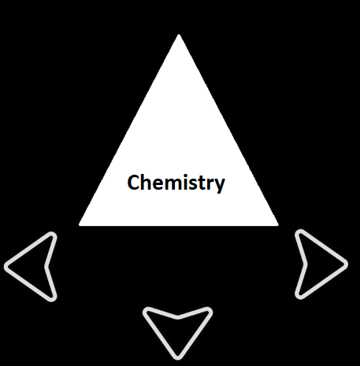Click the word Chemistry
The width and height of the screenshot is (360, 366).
176,183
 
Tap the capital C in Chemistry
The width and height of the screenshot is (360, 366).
133,182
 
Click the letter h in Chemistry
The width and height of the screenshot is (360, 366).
147,182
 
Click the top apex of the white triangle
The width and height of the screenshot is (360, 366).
179,35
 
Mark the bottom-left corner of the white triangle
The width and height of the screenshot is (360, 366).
80,225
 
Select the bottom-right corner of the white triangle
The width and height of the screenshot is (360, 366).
278,225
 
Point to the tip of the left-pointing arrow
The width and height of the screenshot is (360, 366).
6,267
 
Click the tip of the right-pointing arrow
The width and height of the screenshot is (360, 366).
347,264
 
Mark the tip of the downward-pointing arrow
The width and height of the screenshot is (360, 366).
178,358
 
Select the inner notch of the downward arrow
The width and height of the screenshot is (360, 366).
178,317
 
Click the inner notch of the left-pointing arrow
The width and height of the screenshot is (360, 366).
46,267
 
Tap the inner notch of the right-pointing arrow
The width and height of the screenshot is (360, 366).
306,264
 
